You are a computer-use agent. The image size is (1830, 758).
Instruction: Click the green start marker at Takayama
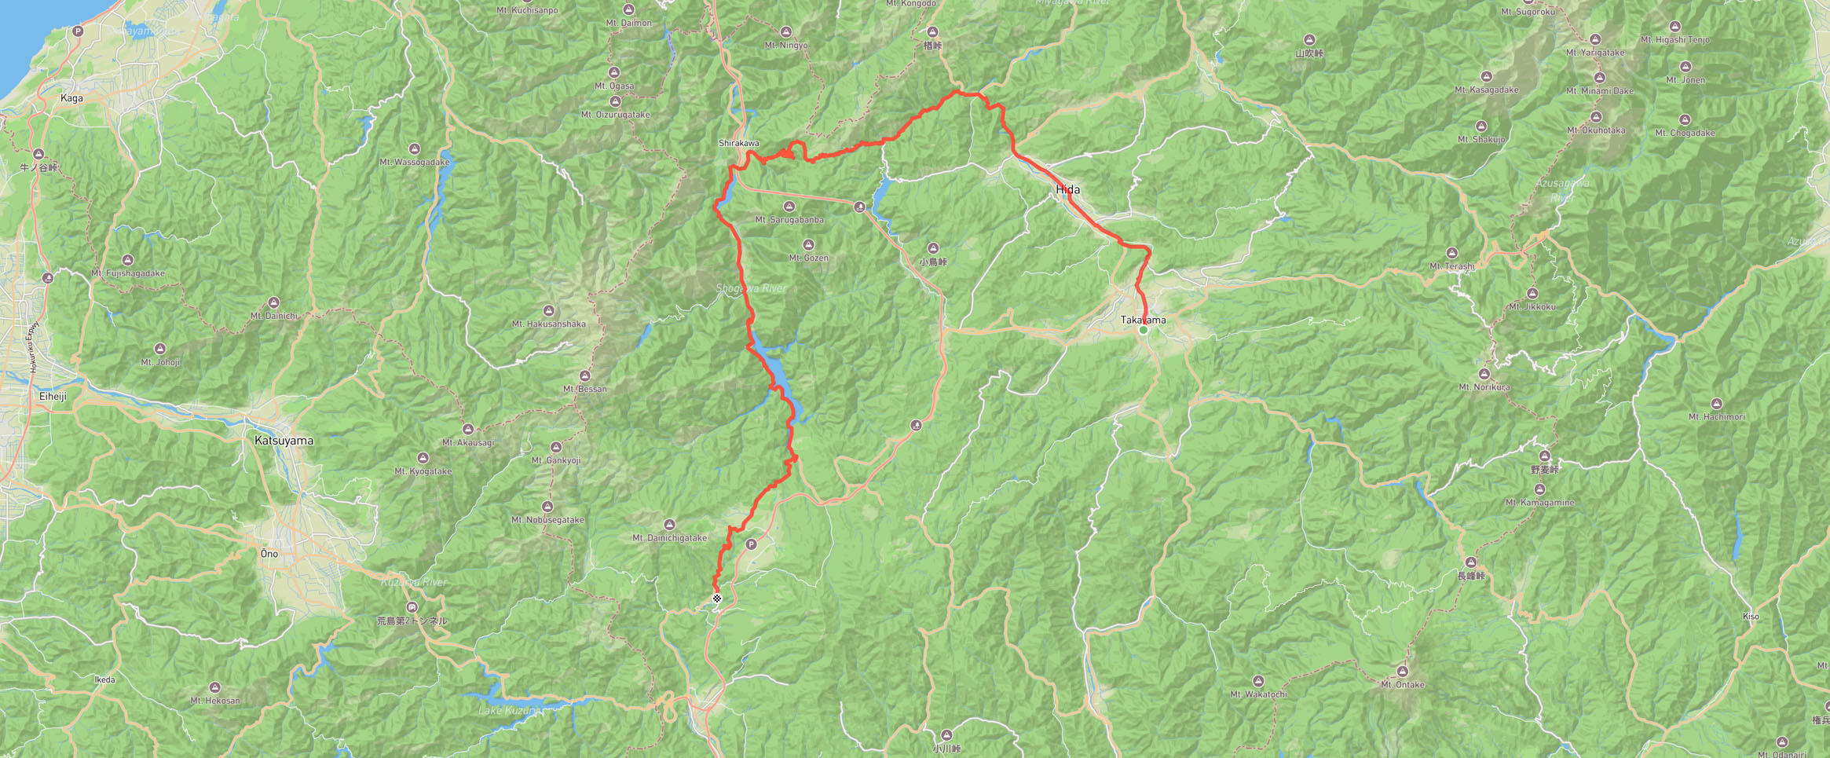pos(1144,330)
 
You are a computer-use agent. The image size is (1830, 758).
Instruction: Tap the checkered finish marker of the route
pos(717,599)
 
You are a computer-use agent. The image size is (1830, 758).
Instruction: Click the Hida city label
pos(1067,189)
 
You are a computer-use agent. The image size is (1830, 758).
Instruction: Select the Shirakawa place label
pos(738,143)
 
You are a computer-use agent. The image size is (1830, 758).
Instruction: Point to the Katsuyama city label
pos(284,441)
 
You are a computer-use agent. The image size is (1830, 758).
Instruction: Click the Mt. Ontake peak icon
pos(1402,672)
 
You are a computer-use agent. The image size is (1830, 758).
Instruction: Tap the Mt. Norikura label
pos(1484,386)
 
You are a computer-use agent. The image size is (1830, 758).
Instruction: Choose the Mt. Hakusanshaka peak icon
pos(549,311)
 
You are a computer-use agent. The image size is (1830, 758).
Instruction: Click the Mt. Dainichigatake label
pos(669,538)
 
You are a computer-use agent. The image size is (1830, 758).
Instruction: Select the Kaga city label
pos(71,98)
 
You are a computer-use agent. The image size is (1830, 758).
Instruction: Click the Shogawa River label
pos(751,288)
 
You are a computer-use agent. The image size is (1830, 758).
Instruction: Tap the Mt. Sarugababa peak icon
pos(789,207)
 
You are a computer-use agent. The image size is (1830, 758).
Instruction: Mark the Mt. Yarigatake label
pos(1594,53)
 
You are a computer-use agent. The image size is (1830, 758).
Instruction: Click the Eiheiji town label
pos(53,396)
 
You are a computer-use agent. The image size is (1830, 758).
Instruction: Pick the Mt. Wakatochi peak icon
pos(1258,681)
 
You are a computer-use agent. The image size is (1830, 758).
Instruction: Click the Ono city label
pos(269,554)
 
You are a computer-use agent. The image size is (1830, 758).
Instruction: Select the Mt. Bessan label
pos(584,389)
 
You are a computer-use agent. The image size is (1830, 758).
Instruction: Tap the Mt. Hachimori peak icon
pos(1716,404)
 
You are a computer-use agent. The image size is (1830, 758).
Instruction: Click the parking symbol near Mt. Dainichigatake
pos(752,544)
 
